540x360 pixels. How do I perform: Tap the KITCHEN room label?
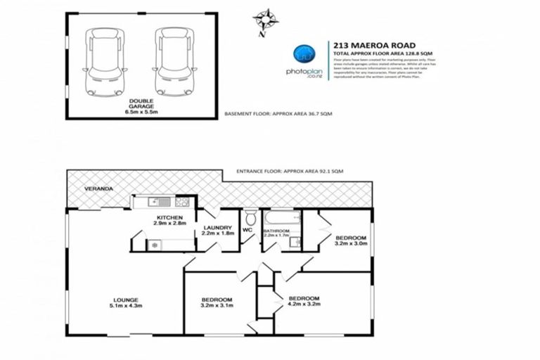[170, 218]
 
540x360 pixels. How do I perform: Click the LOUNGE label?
[123, 299]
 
